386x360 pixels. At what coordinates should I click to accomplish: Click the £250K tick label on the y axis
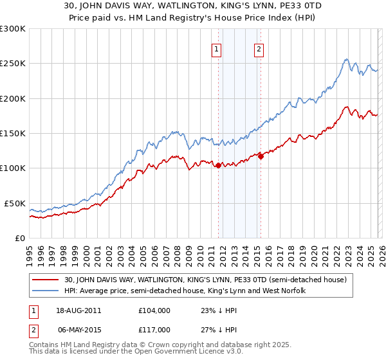point(13,64)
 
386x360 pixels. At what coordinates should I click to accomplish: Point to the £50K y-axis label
point(15,203)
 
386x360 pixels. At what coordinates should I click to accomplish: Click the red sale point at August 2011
point(218,165)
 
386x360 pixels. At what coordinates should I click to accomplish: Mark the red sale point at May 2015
point(261,156)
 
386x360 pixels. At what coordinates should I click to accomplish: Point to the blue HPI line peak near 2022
point(345,60)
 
